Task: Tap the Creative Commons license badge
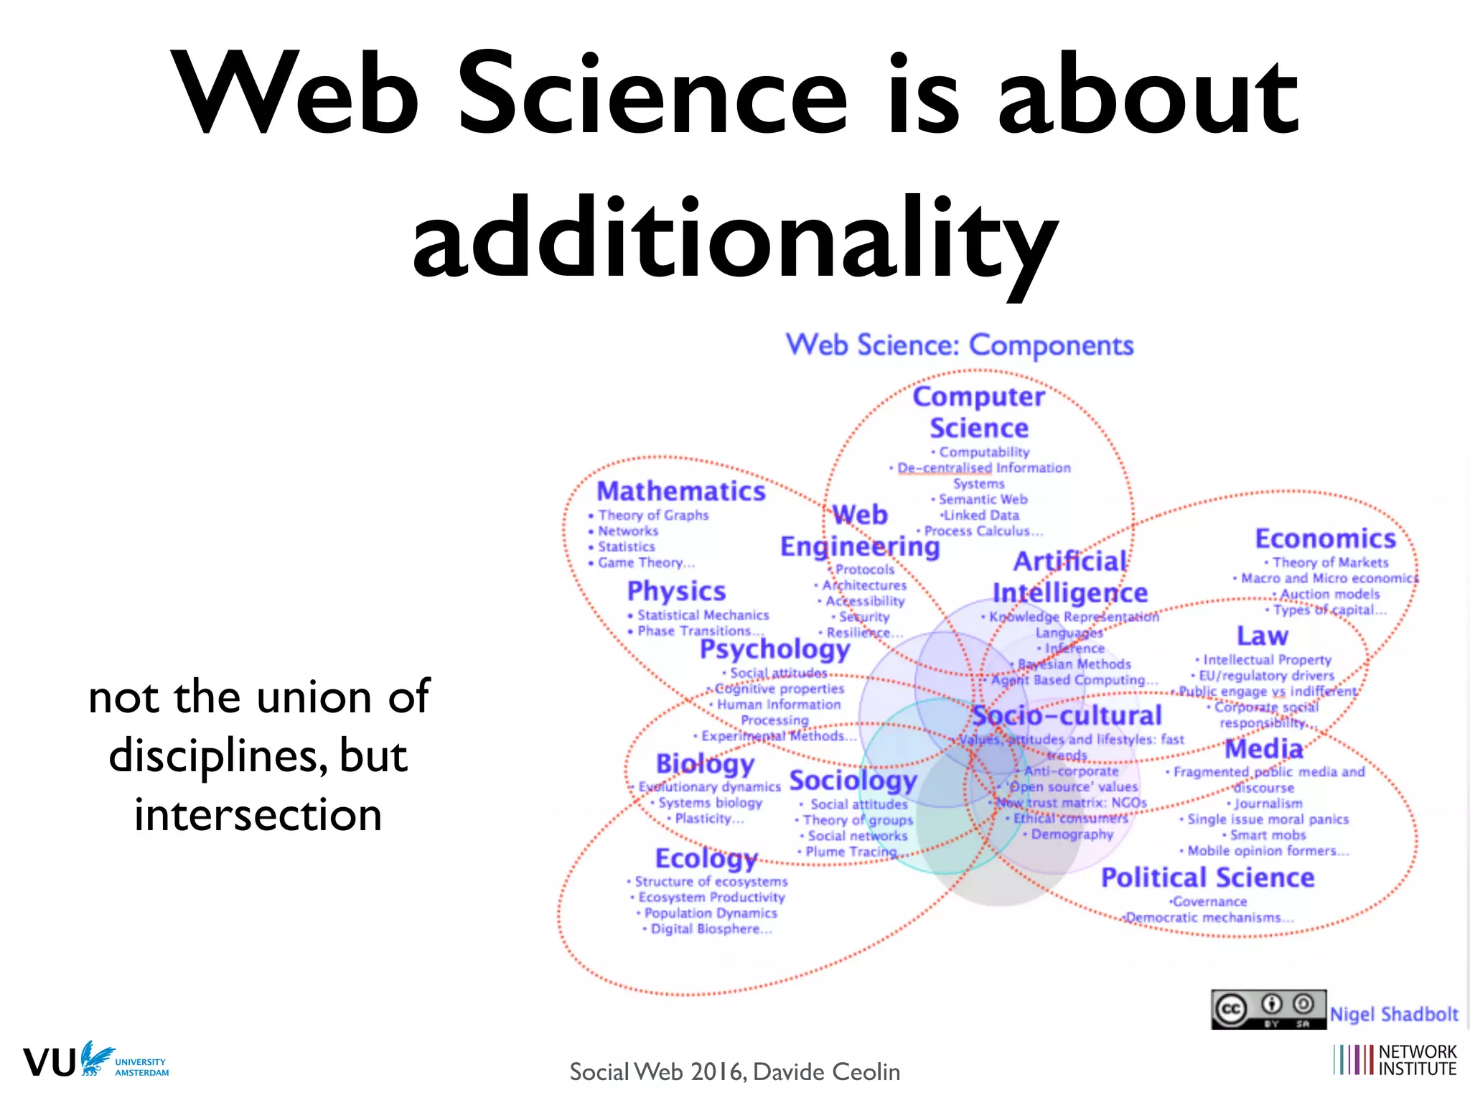coord(1268,1009)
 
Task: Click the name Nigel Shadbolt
coord(1394,1014)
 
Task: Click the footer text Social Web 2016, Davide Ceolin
coord(734,1071)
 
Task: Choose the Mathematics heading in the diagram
coord(681,491)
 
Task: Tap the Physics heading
coord(676,591)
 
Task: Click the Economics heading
coord(1325,539)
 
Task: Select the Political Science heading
coord(1207,878)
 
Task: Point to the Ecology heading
coord(706,858)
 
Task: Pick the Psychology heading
coord(774,649)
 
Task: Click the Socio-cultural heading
coord(1066,715)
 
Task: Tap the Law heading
coord(1262,636)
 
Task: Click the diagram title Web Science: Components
coord(960,345)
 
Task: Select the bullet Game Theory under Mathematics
coord(645,563)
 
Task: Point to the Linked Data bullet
coord(980,515)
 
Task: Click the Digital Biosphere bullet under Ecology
coord(710,929)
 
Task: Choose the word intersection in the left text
coord(258,815)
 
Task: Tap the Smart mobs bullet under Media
coord(1268,835)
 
